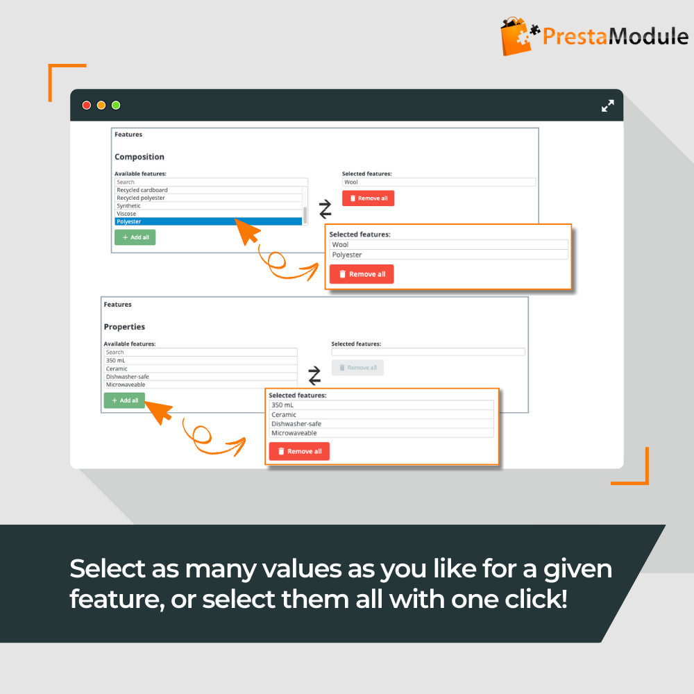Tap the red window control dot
pyautogui.click(x=87, y=105)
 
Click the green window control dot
pyautogui.click(x=116, y=105)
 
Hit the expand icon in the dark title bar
pyautogui.click(x=608, y=105)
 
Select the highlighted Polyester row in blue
pyautogui.click(x=208, y=222)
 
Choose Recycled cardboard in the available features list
pyautogui.click(x=142, y=190)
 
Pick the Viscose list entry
pyautogui.click(x=126, y=214)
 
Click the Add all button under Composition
pyautogui.click(x=135, y=237)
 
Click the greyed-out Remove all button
pyautogui.click(x=357, y=368)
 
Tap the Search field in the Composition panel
pyautogui.click(x=211, y=182)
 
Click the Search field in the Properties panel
pyautogui.click(x=201, y=353)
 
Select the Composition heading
pyautogui.click(x=139, y=157)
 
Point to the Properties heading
pyautogui.click(x=124, y=327)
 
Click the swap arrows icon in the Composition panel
pyautogui.click(x=325, y=209)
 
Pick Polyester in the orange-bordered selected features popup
pyautogui.click(x=347, y=255)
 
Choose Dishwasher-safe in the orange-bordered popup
pyautogui.click(x=296, y=424)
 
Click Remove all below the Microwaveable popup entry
pyautogui.click(x=299, y=452)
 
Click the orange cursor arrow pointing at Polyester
pyautogui.click(x=248, y=231)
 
